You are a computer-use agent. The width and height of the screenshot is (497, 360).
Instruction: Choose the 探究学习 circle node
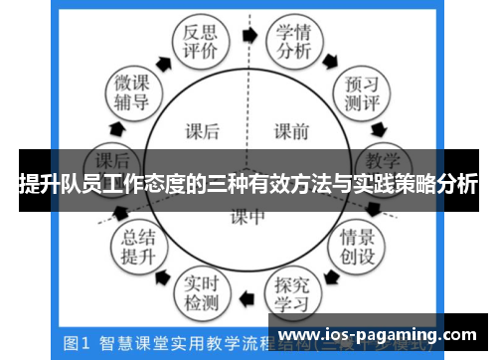tap(293, 290)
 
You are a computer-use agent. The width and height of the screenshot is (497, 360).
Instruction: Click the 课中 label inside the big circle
tap(248, 216)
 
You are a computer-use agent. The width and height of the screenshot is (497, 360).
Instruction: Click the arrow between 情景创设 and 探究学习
tap(333, 278)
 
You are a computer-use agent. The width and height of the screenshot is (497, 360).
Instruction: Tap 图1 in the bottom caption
tap(76, 343)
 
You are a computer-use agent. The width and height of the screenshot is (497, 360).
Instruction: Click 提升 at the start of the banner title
tap(36, 183)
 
